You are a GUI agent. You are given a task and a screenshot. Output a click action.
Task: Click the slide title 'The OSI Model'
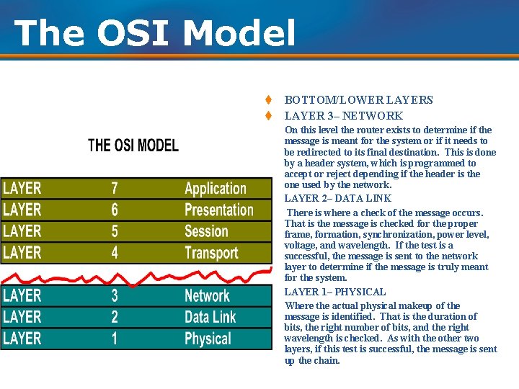(154, 32)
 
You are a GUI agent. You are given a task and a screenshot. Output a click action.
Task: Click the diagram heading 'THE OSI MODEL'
(133, 146)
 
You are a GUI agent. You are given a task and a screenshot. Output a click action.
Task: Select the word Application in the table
(216, 189)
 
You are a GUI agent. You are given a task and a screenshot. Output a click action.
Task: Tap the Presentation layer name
(219, 210)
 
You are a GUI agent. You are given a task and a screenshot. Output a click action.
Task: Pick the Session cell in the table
(206, 231)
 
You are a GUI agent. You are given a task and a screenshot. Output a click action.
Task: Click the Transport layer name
(211, 253)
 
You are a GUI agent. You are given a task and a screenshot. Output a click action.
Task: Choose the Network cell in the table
(207, 296)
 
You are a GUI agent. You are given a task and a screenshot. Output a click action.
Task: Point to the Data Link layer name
(210, 317)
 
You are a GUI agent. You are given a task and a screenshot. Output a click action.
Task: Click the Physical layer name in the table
(208, 339)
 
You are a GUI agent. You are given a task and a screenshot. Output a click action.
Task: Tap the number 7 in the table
(115, 189)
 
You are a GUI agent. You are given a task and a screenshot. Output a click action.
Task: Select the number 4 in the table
(115, 253)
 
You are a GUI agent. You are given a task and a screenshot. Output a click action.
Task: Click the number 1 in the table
(115, 339)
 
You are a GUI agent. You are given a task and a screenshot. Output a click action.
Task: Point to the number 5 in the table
(115, 231)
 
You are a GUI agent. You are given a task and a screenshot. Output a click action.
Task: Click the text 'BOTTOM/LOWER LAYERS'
(358, 100)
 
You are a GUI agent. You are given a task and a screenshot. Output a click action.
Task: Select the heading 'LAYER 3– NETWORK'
(343, 116)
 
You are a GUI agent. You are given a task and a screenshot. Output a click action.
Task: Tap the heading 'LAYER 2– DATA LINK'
(337, 198)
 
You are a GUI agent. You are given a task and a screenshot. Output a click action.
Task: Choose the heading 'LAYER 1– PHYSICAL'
(335, 292)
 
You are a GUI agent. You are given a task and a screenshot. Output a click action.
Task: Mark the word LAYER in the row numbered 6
(22, 210)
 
